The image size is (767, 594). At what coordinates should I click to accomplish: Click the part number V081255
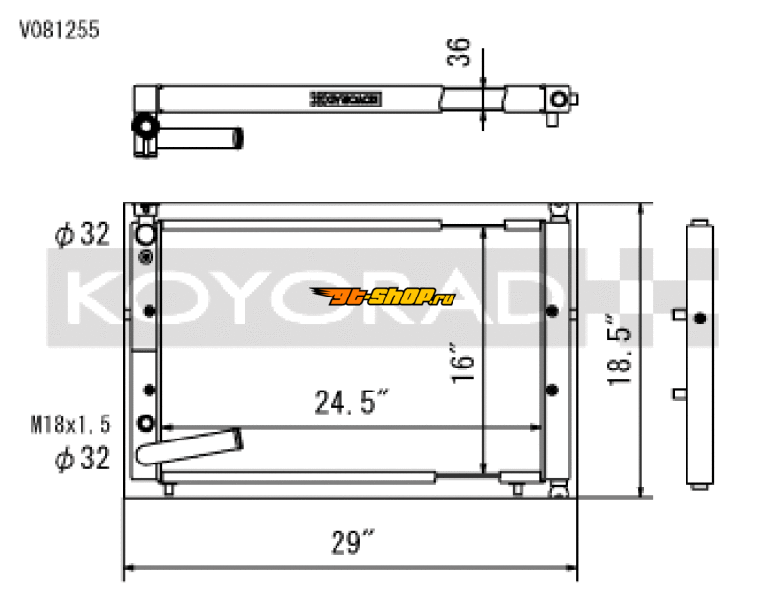[59, 30]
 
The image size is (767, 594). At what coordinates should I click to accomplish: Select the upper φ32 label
[81, 233]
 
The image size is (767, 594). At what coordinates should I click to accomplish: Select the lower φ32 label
[81, 458]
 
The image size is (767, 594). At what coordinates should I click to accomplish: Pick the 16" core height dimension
[462, 363]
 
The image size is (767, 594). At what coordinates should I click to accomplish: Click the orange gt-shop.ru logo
[382, 297]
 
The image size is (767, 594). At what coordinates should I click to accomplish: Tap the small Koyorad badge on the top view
[346, 98]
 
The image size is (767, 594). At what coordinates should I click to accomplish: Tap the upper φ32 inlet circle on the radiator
[146, 233]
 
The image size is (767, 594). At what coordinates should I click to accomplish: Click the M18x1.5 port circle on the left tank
[147, 423]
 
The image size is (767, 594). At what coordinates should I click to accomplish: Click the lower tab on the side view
[679, 392]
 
